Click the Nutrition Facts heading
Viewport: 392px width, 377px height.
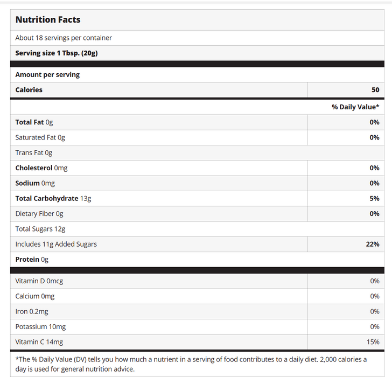pyautogui.click(x=47, y=20)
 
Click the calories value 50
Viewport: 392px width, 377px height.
pyautogui.click(x=375, y=90)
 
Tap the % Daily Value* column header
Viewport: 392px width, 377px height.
pyautogui.click(x=355, y=107)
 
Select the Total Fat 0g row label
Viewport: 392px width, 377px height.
pyautogui.click(x=34, y=122)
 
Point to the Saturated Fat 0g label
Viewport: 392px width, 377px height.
pyautogui.click(x=40, y=137)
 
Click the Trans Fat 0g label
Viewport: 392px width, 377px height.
pyautogui.click(x=33, y=153)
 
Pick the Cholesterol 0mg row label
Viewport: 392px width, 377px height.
pyautogui.click(x=41, y=168)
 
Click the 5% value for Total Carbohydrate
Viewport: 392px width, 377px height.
pyautogui.click(x=374, y=198)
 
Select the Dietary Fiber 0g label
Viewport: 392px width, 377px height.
pyautogui.click(x=39, y=214)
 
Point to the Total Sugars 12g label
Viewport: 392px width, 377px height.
pyautogui.click(x=40, y=229)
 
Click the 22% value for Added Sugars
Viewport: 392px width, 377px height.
pyautogui.click(x=372, y=244)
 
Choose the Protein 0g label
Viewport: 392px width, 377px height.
pyautogui.click(x=32, y=260)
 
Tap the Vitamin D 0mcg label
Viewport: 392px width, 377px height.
pyautogui.click(x=39, y=281)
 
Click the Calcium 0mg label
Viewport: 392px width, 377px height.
pyautogui.click(x=34, y=296)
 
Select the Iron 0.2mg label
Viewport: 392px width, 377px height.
pyautogui.click(x=31, y=311)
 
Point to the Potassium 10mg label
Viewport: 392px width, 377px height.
pyautogui.click(x=40, y=327)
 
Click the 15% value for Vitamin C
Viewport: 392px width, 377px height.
pyautogui.click(x=373, y=342)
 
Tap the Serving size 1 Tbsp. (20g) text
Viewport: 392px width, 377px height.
pyautogui.click(x=56, y=53)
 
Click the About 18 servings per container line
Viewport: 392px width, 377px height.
pyautogui.click(x=64, y=38)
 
